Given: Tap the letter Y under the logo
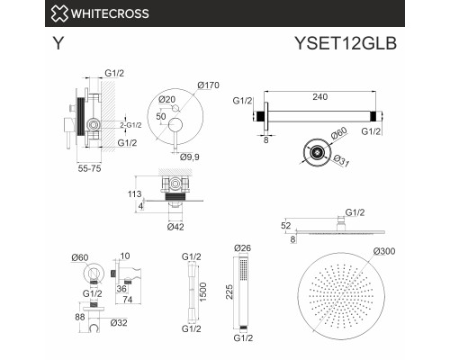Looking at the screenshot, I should pyautogui.click(x=57, y=41).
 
